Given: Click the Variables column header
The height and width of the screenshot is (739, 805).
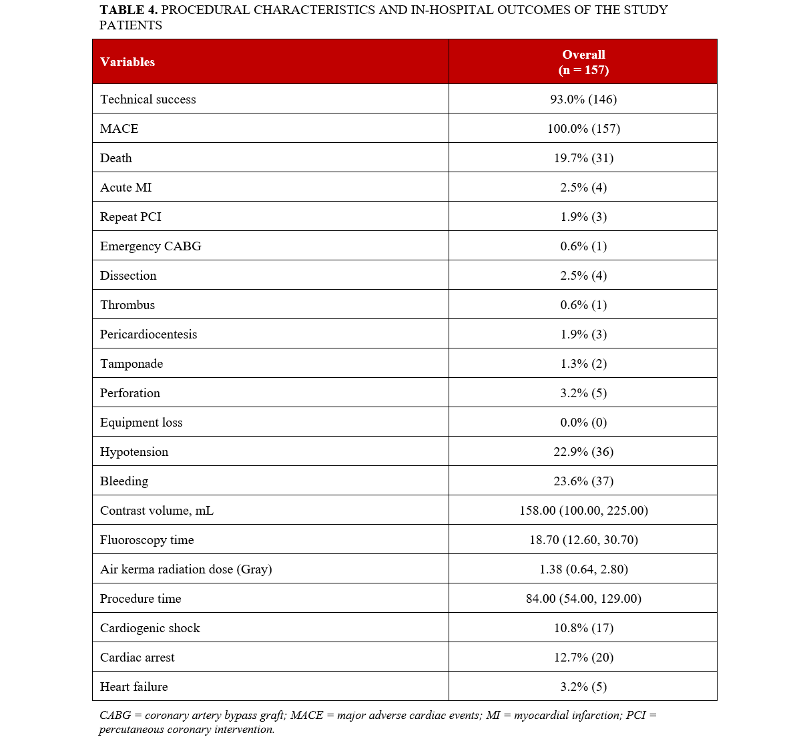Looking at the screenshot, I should point(127,62).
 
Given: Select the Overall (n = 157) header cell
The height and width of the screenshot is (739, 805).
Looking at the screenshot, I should point(583,62).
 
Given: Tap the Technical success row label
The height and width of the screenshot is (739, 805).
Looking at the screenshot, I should point(148,99).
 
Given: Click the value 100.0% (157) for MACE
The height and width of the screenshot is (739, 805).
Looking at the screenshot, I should point(583,129).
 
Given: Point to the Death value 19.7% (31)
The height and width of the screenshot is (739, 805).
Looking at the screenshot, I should point(583,158).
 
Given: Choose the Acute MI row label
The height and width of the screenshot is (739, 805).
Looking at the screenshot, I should point(126,188).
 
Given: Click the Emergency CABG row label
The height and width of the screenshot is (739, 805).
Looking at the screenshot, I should point(151,246).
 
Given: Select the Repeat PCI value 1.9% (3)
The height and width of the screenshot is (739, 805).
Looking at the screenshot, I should point(583,217).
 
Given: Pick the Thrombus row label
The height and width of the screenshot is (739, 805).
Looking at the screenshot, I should point(127,305).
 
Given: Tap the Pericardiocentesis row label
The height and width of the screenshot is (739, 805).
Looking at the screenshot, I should point(149,334).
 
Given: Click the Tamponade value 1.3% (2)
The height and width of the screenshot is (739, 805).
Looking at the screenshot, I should point(583,364).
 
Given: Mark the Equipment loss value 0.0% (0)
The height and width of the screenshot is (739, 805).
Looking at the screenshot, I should point(583,423).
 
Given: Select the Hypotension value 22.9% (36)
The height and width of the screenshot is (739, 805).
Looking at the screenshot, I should point(583,452).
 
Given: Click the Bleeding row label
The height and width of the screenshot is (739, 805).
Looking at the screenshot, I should point(124,481).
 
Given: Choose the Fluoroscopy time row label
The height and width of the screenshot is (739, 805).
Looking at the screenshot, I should point(147,540).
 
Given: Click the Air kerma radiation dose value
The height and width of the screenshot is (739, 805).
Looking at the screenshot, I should point(583,569).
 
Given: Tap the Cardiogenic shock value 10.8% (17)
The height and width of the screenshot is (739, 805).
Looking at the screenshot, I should point(583,628).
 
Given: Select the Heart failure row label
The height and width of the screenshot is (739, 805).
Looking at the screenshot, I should point(134,687).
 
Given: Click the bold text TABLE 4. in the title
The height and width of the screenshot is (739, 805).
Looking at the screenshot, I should point(129,10).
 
